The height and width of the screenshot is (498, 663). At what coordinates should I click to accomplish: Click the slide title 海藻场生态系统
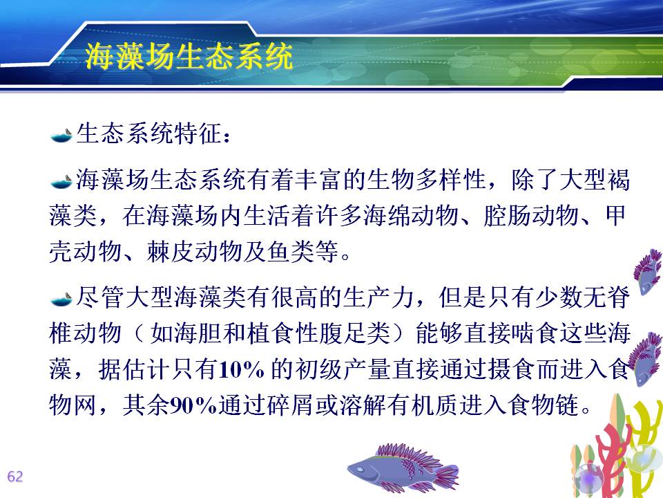point(189,56)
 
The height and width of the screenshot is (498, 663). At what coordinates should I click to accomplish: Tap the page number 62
point(15,477)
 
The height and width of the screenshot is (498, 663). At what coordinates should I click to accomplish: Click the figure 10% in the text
point(242,369)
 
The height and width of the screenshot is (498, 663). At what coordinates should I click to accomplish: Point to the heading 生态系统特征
point(149,133)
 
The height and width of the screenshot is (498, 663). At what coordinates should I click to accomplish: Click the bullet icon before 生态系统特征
point(61,136)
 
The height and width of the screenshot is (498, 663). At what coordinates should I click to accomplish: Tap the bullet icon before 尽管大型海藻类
point(61,299)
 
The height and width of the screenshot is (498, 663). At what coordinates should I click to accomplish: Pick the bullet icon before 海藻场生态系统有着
point(61,181)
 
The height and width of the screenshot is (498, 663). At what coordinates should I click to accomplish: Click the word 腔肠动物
point(531,216)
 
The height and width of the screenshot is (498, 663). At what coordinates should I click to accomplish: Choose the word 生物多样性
point(426,180)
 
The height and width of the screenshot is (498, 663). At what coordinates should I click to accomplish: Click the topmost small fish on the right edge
point(648,271)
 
